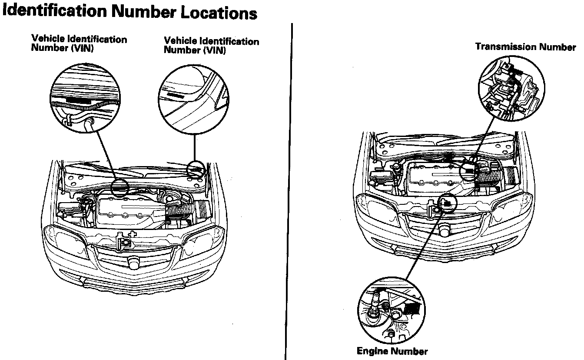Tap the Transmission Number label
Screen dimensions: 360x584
(525, 47)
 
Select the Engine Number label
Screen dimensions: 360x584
(392, 351)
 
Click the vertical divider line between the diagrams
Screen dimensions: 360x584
(289, 191)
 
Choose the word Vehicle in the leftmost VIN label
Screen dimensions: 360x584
(46, 39)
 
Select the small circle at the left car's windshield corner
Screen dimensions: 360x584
(196, 168)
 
